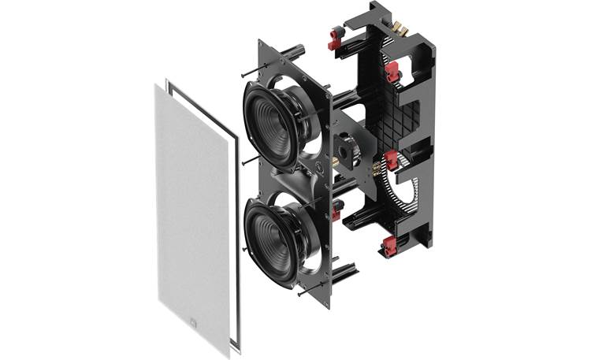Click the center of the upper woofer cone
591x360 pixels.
267,125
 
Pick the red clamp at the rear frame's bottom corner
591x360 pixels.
390,247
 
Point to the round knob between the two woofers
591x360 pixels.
321,169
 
